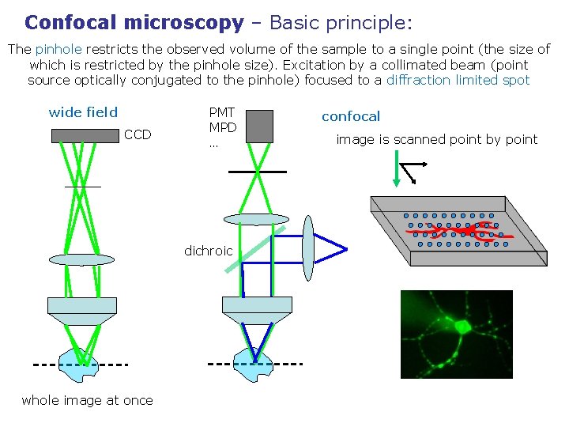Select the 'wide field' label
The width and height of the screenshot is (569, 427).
[x=83, y=112]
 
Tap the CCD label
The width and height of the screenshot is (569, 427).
[x=138, y=135]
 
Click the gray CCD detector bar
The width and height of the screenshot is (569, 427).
[x=85, y=135]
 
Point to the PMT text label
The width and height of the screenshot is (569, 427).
[x=221, y=113]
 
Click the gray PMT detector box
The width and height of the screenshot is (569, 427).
[x=259, y=127]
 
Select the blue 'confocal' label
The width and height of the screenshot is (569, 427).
[x=351, y=116]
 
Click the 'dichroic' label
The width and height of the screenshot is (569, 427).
[x=208, y=251]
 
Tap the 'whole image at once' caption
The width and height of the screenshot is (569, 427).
[x=87, y=400]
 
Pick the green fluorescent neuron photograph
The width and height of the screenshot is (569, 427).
[x=456, y=334]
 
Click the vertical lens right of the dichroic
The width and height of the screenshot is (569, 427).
[x=308, y=248]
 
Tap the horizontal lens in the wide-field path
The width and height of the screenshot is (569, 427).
[x=81, y=259]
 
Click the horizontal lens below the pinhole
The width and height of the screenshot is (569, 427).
[x=257, y=219]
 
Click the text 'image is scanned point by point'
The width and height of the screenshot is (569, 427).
[x=436, y=140]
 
